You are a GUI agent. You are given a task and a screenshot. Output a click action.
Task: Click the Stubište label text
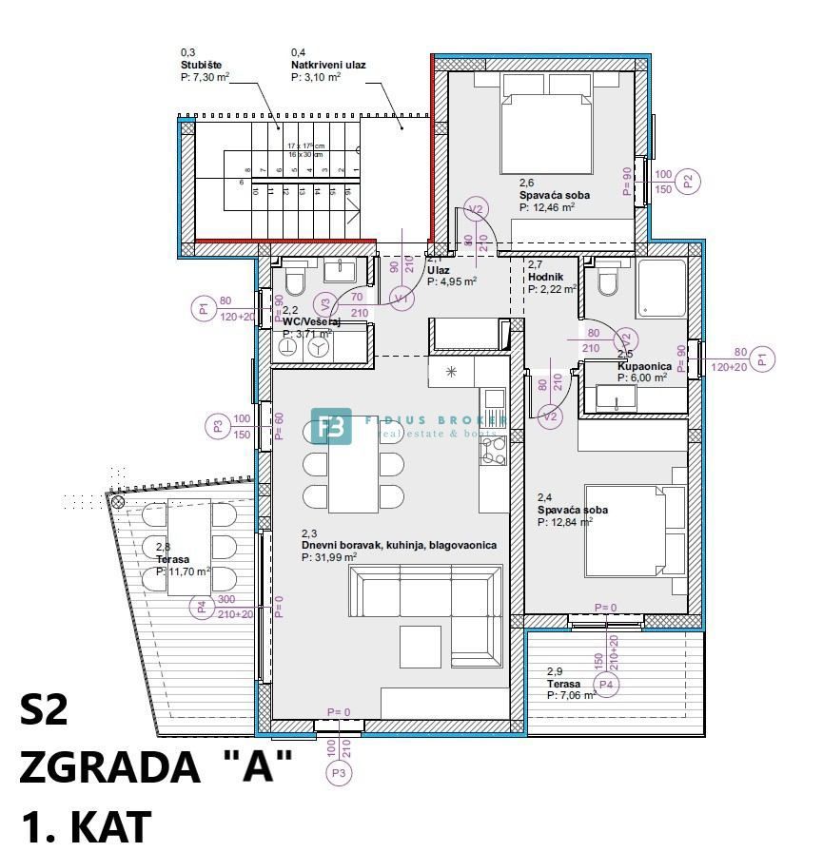coord(202,66)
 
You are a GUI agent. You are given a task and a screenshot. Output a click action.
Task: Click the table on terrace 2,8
coord(188,547)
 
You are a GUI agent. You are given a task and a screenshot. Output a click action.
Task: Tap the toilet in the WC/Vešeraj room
coord(294,281)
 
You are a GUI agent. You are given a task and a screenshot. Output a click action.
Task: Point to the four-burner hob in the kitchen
coord(493,453)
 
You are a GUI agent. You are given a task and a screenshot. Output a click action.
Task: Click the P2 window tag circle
coord(691,181)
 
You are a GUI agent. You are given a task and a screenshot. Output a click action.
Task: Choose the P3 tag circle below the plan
coord(339,774)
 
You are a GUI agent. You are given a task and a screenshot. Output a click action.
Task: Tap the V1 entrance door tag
coord(401,299)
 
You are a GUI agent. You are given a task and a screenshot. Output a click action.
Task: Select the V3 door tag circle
coord(325,305)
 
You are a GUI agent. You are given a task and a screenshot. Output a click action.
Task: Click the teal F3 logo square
coord(330,427)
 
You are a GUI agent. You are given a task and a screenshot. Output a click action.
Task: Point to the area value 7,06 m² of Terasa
coord(573,695)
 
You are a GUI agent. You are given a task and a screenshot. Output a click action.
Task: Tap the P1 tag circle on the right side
coord(761,358)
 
